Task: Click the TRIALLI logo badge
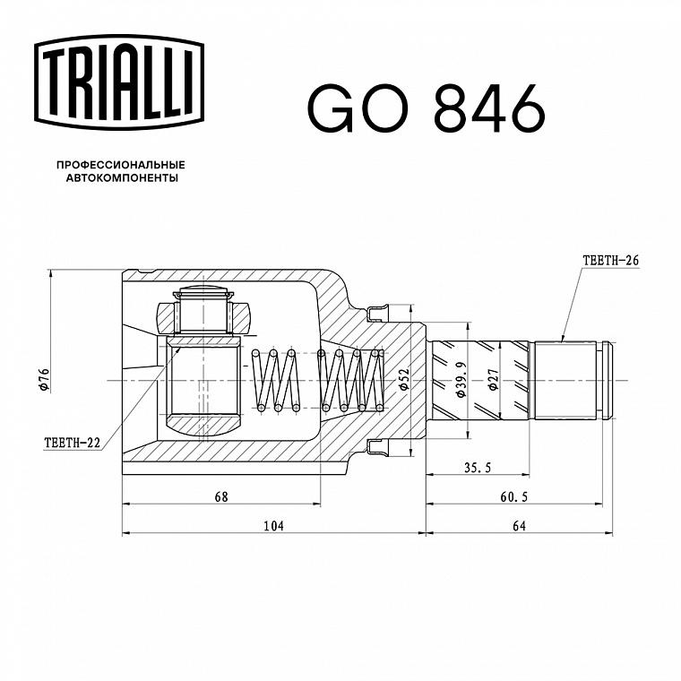[x=119, y=82]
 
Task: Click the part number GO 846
[x=426, y=108]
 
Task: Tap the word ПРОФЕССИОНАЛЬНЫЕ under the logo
[x=121, y=165]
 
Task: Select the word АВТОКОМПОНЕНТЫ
[x=122, y=178]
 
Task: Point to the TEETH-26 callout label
[x=610, y=260]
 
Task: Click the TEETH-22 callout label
[x=72, y=443]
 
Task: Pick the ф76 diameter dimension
[x=44, y=379]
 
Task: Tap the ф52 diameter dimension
[x=404, y=379]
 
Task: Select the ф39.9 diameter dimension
[x=461, y=379]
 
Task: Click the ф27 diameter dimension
[x=494, y=379]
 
